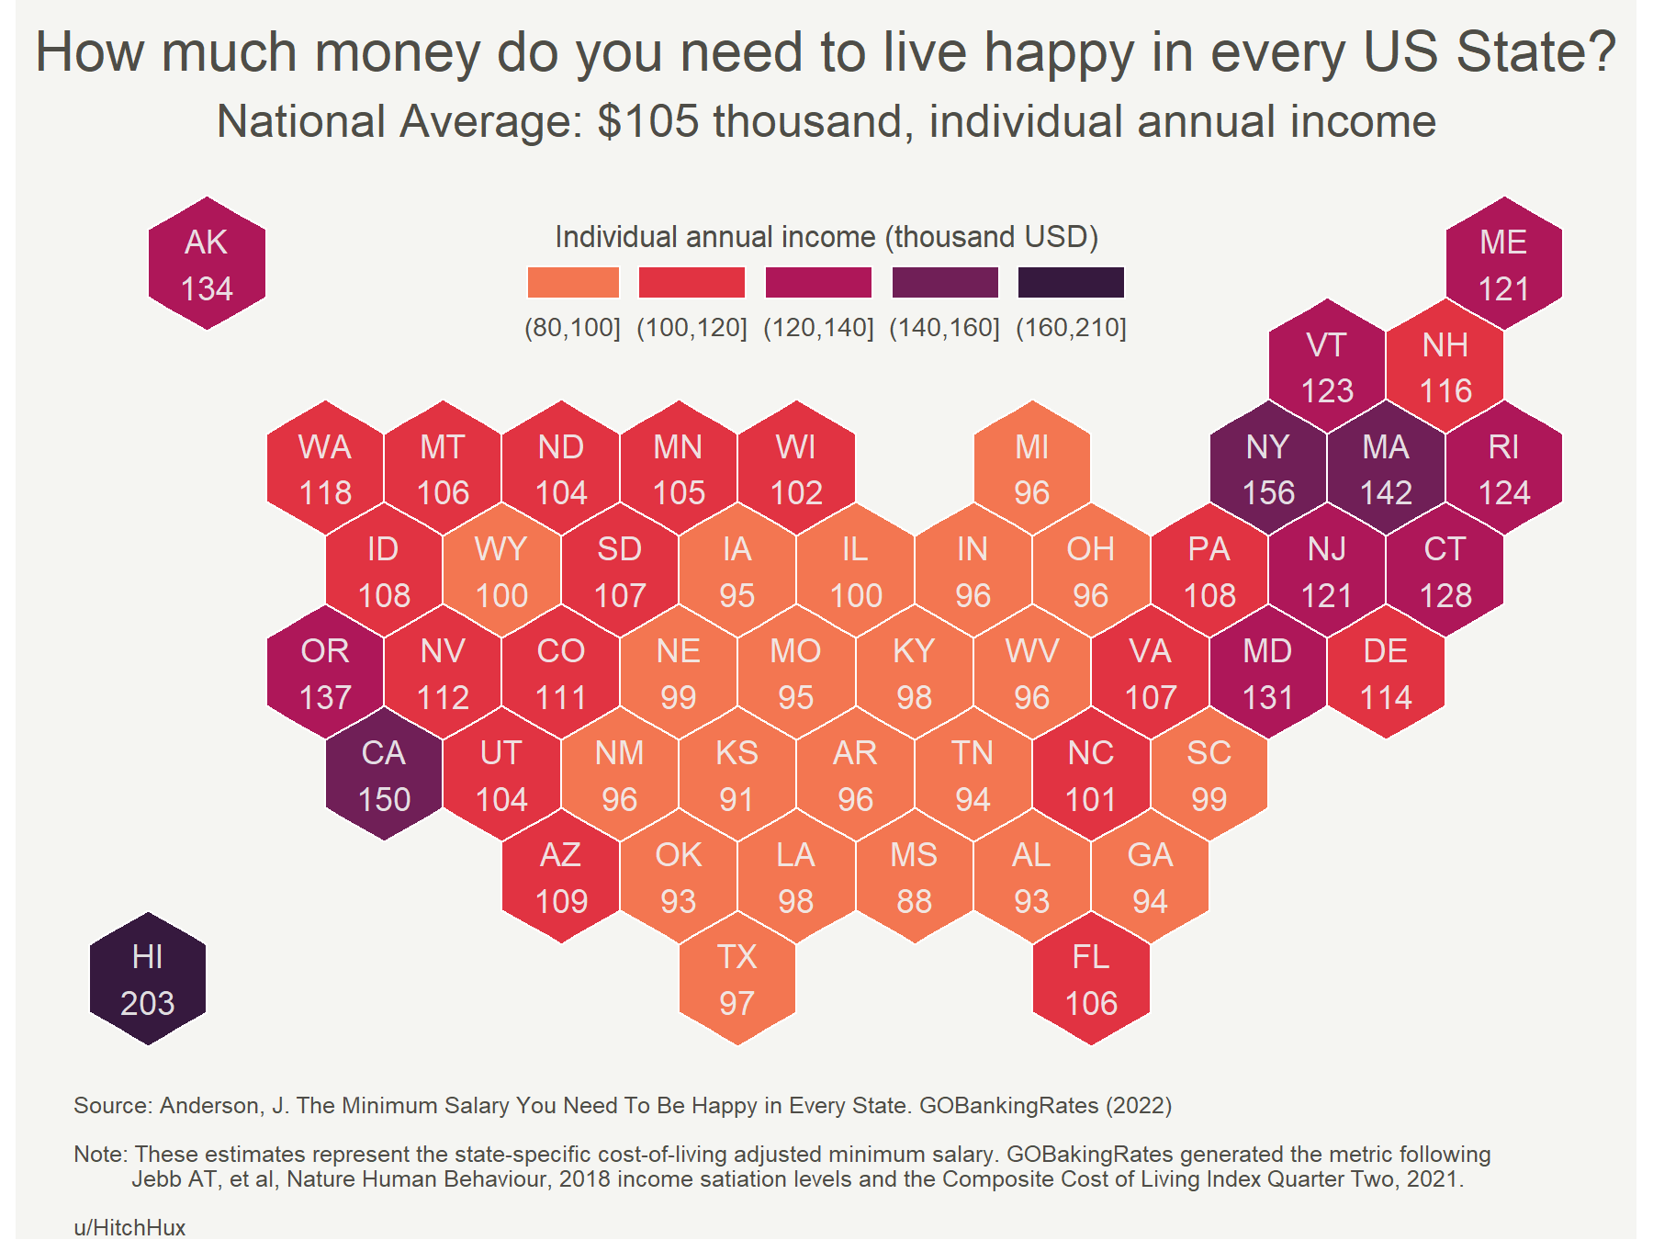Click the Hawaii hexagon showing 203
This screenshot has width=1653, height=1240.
(148, 979)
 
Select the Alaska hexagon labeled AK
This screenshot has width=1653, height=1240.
(207, 265)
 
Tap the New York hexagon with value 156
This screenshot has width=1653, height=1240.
(1268, 469)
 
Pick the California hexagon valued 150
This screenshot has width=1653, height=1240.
(384, 775)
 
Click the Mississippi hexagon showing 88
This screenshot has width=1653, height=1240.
(914, 877)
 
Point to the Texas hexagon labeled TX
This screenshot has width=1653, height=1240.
(737, 979)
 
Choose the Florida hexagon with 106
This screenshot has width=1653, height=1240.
(1091, 979)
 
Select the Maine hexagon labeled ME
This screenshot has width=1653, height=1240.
(1503, 265)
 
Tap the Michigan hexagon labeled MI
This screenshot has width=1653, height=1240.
(1031, 469)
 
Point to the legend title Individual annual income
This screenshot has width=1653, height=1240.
(826, 237)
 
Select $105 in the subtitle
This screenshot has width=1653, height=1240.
(647, 121)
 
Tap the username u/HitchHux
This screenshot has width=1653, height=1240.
(129, 1227)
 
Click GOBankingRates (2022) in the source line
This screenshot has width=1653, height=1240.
(1045, 1105)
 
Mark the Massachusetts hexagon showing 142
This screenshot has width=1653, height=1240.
(1386, 469)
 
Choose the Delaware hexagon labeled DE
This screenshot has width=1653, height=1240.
(1386, 673)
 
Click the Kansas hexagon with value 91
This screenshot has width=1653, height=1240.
(737, 775)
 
